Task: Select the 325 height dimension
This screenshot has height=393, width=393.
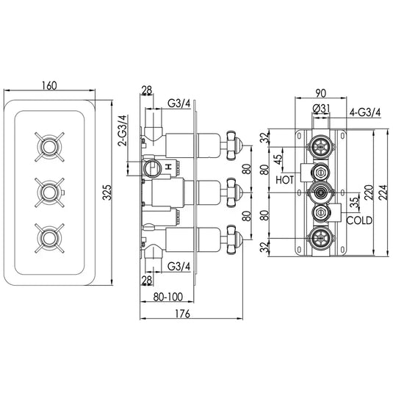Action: pyautogui.click(x=107, y=193)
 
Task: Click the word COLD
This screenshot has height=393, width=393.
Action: pyautogui.click(x=358, y=220)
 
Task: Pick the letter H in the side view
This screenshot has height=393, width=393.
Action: pyautogui.click(x=169, y=167)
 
